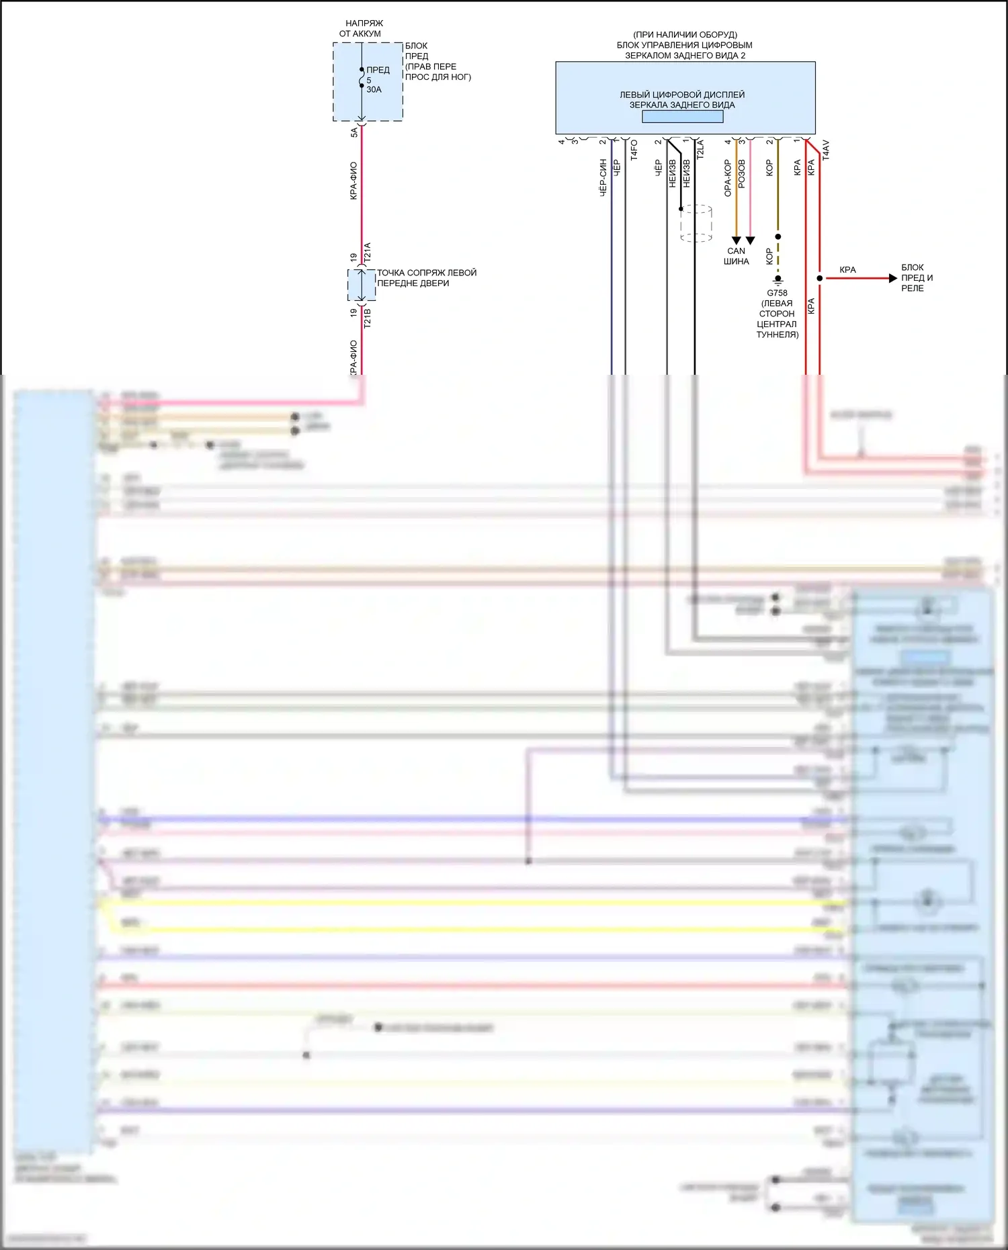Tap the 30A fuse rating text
pyautogui.click(x=374, y=89)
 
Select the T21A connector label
pyautogui.click(x=367, y=253)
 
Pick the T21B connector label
pyautogui.click(x=367, y=318)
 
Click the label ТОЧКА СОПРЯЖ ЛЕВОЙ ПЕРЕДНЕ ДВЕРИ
pyautogui.click(x=426, y=277)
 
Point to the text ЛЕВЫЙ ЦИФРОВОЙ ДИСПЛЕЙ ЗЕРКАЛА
pyautogui.click(x=681, y=99)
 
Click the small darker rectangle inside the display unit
pyautogui.click(x=682, y=116)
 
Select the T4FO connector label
pyautogui.click(x=634, y=150)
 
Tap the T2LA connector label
pyautogui.click(x=700, y=149)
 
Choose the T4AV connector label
pyautogui.click(x=826, y=150)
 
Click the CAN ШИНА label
pyautogui.click(x=736, y=256)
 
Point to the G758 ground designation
pyautogui.click(x=777, y=293)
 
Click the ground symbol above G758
pyautogui.click(x=778, y=279)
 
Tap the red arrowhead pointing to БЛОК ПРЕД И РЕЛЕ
pyautogui.click(x=892, y=278)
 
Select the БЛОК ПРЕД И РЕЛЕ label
pyautogui.click(x=916, y=277)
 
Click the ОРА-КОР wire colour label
pyautogui.click(x=728, y=178)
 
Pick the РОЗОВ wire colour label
pyautogui.click(x=742, y=173)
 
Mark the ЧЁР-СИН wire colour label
pyautogui.click(x=603, y=177)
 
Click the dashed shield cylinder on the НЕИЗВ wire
pyautogui.click(x=696, y=223)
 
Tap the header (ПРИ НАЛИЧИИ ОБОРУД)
pyautogui.click(x=685, y=34)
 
